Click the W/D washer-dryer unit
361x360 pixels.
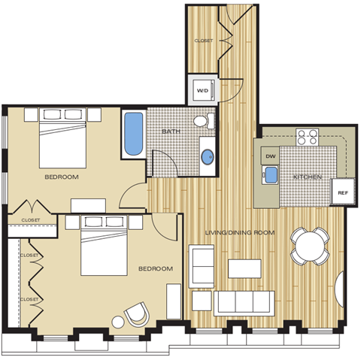202,90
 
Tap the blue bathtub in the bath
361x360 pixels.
134,134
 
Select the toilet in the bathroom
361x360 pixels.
201,120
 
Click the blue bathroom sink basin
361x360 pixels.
208,156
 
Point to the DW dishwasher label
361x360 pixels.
270,156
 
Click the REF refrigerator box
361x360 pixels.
343,192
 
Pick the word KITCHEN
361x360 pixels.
308,177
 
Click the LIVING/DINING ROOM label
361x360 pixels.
240,233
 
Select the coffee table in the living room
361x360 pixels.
244,269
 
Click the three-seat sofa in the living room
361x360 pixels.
242,303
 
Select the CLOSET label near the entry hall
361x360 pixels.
204,40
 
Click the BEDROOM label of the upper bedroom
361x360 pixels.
62,177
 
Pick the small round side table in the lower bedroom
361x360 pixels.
118,322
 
